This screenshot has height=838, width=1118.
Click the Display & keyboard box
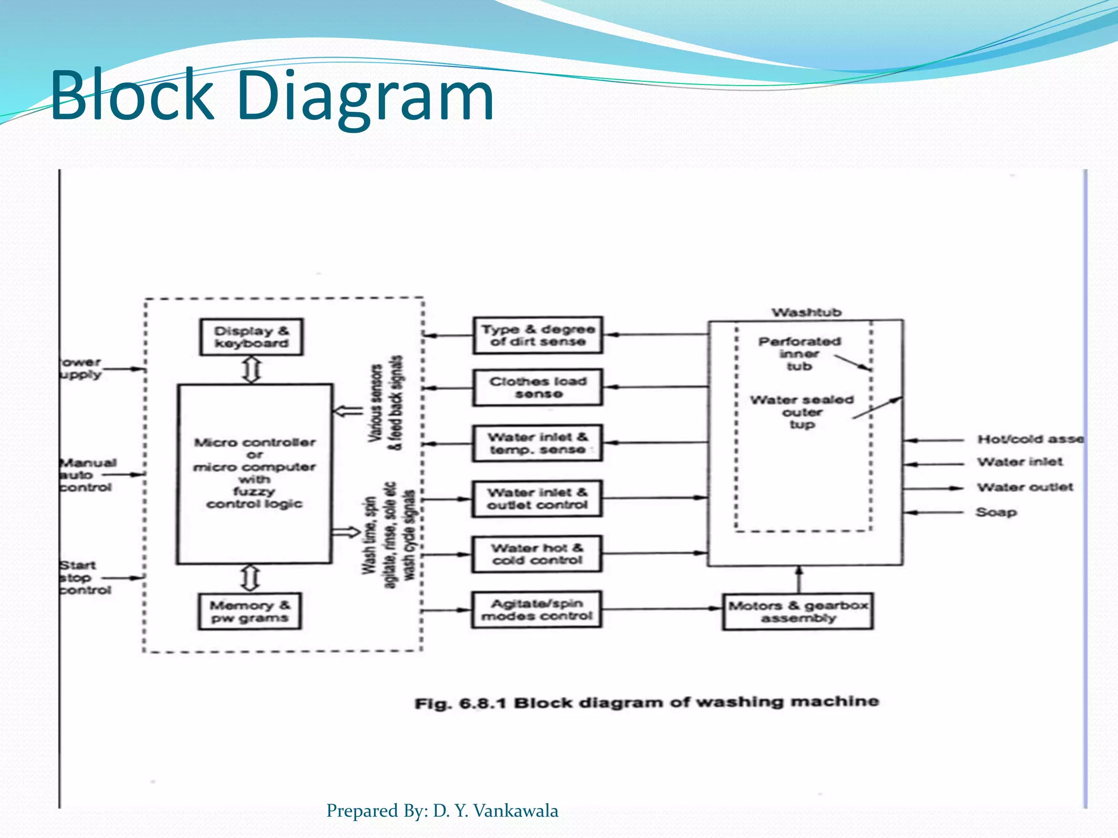[x=251, y=337]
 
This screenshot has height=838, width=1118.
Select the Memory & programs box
[x=249, y=612]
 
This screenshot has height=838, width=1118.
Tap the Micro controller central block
[x=254, y=474]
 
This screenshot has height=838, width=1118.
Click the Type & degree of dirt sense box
[x=538, y=335]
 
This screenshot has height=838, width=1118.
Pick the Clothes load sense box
[x=538, y=387]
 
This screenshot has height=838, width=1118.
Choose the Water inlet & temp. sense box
[x=538, y=443]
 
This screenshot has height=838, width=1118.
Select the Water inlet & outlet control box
[x=537, y=499]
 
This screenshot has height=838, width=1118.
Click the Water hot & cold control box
[x=537, y=554]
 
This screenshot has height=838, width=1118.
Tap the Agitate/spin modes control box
[x=537, y=609]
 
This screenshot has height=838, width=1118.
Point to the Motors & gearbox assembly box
[x=798, y=612]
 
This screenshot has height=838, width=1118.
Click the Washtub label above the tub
[x=806, y=312]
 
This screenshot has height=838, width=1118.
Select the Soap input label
[x=996, y=512]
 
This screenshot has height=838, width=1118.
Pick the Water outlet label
[x=1025, y=487]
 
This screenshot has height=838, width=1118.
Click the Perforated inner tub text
[x=799, y=354]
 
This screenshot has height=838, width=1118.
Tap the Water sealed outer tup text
[x=801, y=412]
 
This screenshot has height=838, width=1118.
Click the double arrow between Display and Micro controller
[x=252, y=369]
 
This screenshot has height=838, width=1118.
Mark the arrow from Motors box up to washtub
[x=799, y=579]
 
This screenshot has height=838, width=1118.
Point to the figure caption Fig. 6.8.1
[x=646, y=702]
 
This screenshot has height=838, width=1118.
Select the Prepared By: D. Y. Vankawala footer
[x=442, y=811]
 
